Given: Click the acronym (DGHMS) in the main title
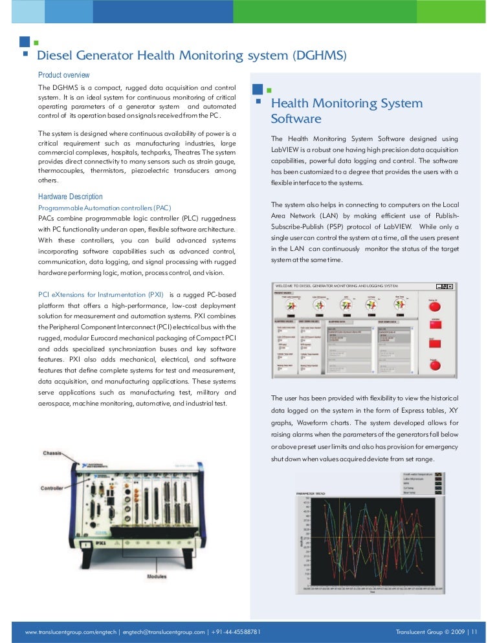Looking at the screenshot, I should pos(320,56).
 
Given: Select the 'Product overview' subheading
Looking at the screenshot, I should pos(63,75).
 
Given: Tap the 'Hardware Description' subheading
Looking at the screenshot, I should pos(70,197).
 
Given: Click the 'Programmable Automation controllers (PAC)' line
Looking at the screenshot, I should pos(104,208).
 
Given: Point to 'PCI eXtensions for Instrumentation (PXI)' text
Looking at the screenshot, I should pos(101,295).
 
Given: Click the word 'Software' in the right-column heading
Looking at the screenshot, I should pos(296,119).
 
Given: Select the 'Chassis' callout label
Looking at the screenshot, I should pos(52,453).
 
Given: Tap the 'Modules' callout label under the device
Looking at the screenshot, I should pos(156,576).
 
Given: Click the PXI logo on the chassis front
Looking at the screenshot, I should pos(100,525).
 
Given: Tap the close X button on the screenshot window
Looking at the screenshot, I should pos(452,285).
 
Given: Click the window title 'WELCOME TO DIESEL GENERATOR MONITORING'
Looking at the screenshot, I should pos(337,285).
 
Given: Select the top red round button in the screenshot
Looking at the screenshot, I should pos(435,305).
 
